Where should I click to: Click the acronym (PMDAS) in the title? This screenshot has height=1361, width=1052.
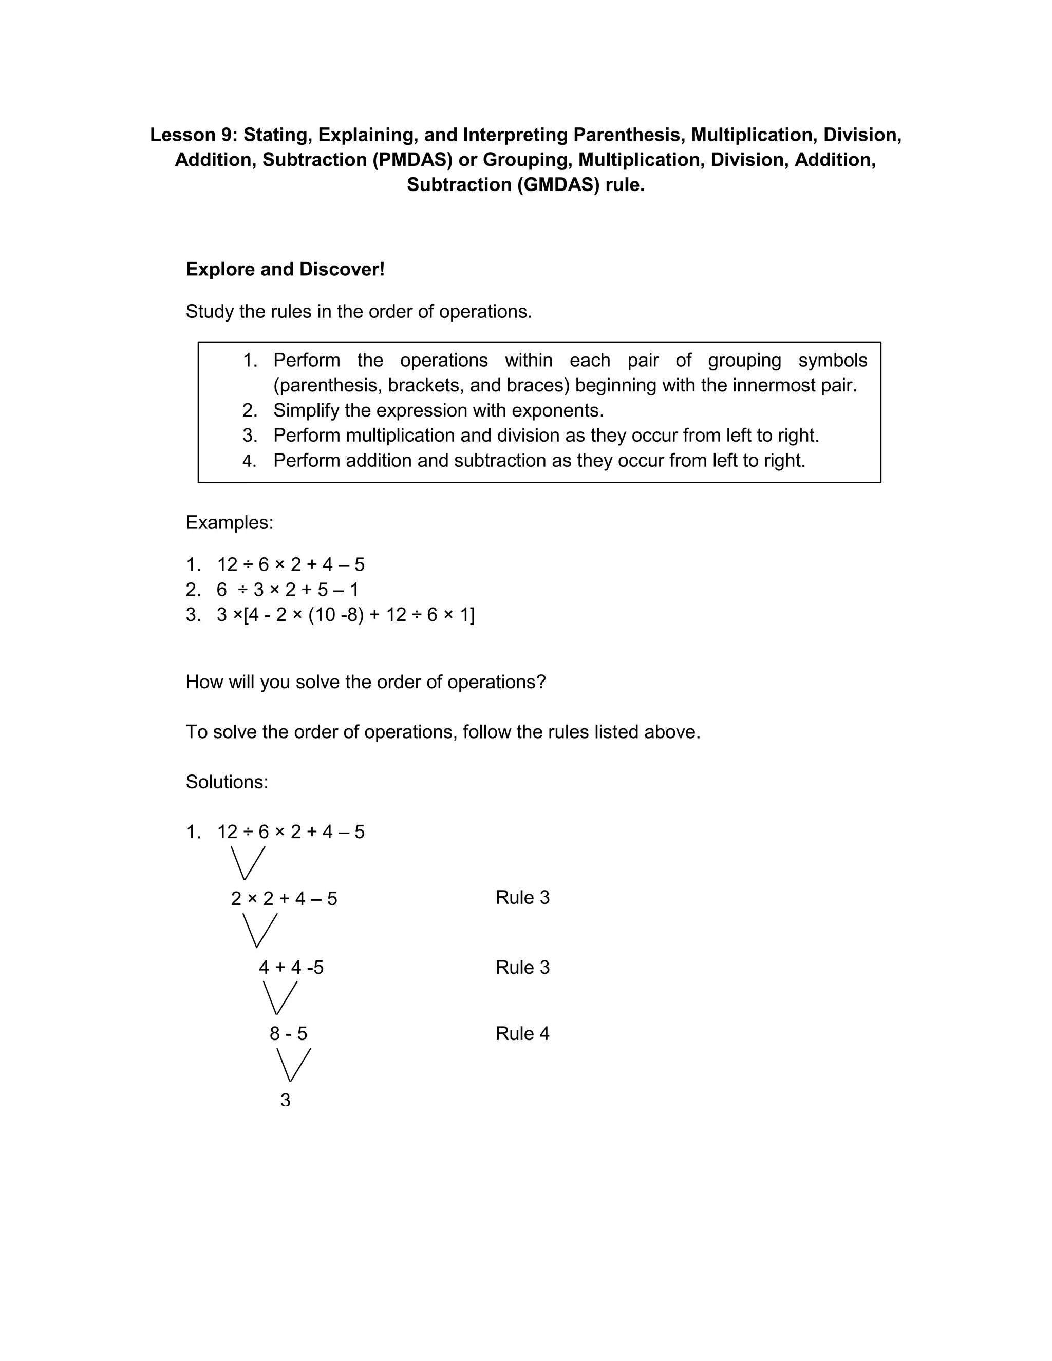(412, 160)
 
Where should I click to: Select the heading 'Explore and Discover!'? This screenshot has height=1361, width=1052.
(285, 269)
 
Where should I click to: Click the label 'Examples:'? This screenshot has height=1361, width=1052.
(229, 522)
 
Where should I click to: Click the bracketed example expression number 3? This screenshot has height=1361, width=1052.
(345, 615)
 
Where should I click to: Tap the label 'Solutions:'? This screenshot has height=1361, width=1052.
(227, 782)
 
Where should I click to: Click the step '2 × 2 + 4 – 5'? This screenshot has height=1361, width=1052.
(284, 899)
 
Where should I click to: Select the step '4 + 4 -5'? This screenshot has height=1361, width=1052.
(291, 967)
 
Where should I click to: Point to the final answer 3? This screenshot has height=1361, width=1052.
(286, 1101)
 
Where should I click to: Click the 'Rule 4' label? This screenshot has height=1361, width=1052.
(522, 1033)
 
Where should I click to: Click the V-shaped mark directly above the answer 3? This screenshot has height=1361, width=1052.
(293, 1064)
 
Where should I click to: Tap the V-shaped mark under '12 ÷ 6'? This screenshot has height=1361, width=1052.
(248, 862)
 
